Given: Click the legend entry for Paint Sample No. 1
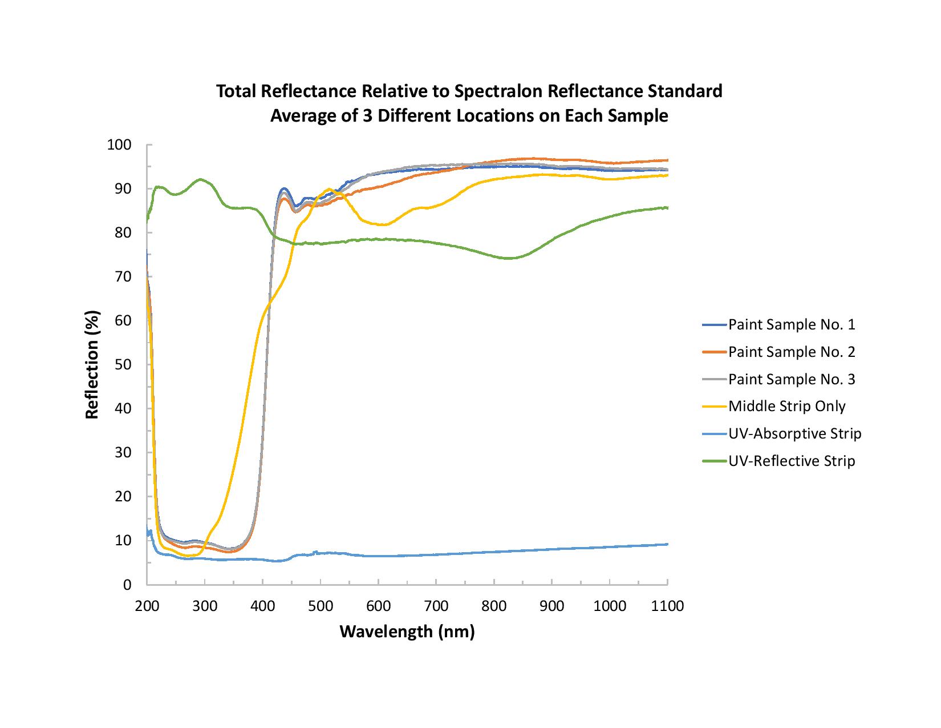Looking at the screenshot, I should (791, 325).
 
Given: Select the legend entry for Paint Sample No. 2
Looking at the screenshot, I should (791, 352).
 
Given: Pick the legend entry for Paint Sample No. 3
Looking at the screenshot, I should (791, 379).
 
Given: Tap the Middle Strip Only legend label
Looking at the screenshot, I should (786, 406).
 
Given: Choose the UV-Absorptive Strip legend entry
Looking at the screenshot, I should (794, 433).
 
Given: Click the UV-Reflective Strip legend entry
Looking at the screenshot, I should (792, 461).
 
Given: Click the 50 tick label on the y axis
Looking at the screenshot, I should (124, 364).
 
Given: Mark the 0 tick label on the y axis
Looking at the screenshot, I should (128, 585).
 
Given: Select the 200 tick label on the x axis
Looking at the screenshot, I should (147, 606).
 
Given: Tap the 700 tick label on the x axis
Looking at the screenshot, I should (436, 606).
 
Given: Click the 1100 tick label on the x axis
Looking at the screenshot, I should (667, 606).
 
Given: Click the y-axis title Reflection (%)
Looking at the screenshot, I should (92, 365).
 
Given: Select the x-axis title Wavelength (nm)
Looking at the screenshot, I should (407, 632).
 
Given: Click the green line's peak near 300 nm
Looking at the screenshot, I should (200, 179).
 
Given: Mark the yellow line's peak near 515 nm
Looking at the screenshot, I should (329, 189).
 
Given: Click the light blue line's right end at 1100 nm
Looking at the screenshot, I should (667, 544).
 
